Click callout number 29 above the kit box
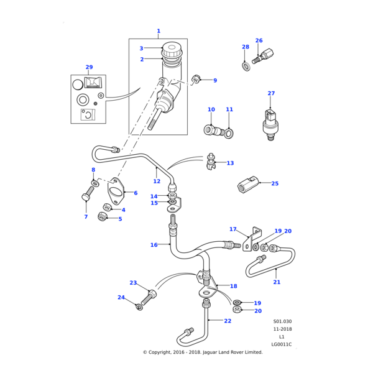89,67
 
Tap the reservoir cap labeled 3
171,48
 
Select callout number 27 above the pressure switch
271,94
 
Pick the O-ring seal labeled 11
230,132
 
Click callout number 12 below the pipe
157,182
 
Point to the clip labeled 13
211,164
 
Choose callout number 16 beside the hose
154,245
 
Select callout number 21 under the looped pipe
277,282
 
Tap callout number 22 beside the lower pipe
228,321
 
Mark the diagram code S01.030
282,321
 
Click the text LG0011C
281,344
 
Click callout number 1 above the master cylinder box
158,31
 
